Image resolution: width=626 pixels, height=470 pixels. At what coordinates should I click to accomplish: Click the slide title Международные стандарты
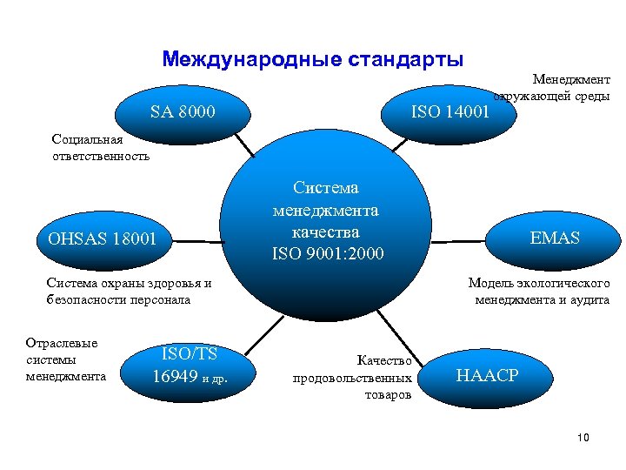[x=312, y=60]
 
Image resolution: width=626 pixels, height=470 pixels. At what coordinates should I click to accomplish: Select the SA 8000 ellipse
[x=183, y=111]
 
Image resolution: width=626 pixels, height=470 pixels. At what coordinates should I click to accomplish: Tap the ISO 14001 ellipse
[x=450, y=111]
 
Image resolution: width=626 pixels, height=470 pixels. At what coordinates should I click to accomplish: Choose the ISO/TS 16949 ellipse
[x=189, y=365]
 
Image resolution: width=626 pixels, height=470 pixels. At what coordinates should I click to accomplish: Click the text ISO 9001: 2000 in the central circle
[x=326, y=253]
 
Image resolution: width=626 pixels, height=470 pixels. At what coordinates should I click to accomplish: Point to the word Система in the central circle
[x=326, y=187]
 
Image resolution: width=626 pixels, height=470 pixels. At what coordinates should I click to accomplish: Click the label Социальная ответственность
[x=100, y=148]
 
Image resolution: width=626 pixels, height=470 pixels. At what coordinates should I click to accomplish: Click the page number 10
[x=583, y=437]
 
